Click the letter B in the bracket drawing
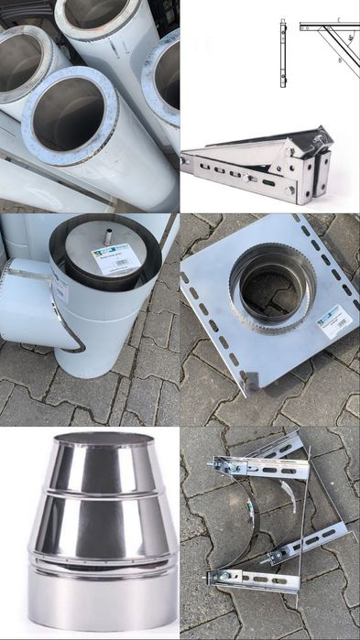click(340, 60)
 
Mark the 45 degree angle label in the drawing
click(349, 39)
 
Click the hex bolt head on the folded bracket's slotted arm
click(290, 190)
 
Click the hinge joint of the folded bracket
click(321, 146)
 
